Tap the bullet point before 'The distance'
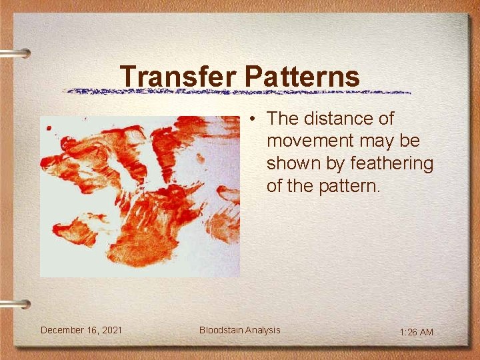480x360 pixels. click(x=253, y=119)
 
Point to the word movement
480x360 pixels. click(x=310, y=141)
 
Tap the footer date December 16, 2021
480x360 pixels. click(x=81, y=330)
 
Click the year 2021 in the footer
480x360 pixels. click(x=111, y=330)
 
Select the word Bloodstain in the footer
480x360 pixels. click(x=221, y=330)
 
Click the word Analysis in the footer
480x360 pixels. click(x=263, y=330)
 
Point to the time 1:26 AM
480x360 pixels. click(x=417, y=332)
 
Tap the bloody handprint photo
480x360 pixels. click(x=139, y=196)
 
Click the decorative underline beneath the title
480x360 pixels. click(x=237, y=91)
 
